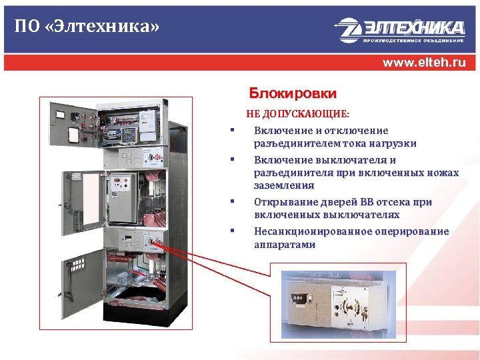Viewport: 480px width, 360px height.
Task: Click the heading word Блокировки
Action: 293,93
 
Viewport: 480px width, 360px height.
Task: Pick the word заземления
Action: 283,185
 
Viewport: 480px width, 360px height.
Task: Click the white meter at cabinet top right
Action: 147,125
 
